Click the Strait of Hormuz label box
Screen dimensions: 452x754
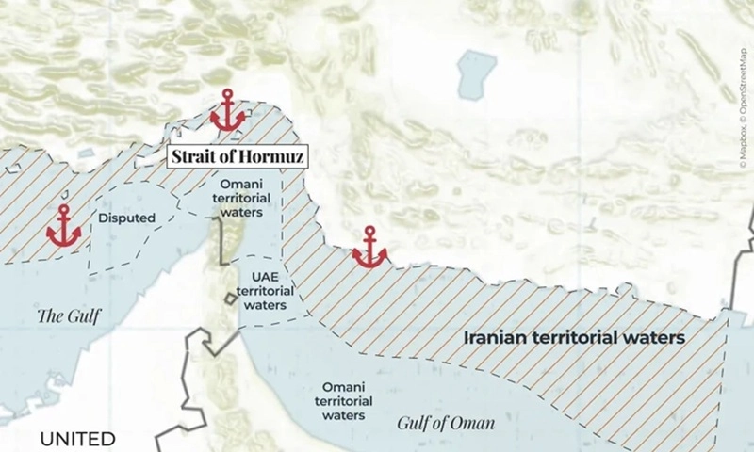237,157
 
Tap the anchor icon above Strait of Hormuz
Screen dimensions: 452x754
227,111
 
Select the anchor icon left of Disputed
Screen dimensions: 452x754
63,226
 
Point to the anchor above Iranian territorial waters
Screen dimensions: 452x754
369,247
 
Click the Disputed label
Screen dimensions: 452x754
126,218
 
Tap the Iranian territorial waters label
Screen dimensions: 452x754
574,335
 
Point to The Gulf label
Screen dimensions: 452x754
68,315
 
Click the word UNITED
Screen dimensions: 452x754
77,439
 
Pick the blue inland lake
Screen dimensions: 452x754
477,74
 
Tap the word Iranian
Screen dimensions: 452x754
503,335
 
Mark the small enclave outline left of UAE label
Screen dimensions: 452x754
230,299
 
